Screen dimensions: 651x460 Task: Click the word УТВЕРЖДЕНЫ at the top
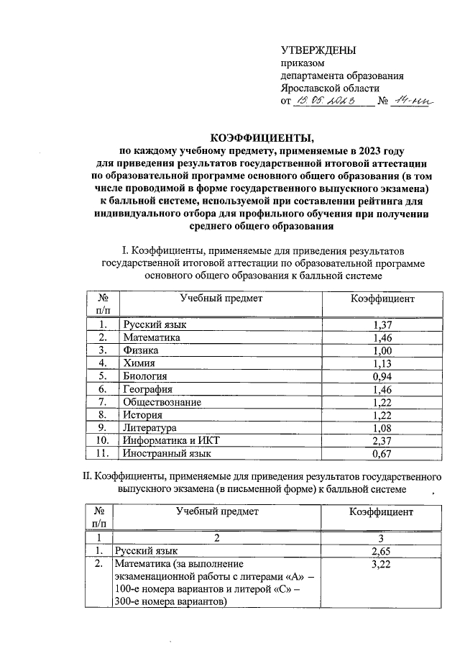318,50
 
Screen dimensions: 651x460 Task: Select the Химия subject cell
139,363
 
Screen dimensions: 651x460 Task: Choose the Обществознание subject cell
162,402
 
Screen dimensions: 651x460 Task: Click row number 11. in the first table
101,454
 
